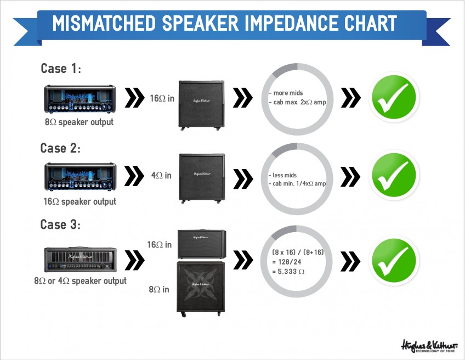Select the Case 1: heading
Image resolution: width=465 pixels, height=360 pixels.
point(61,69)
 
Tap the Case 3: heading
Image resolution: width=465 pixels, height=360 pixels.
point(60,224)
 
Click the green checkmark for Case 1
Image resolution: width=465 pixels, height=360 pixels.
point(394,97)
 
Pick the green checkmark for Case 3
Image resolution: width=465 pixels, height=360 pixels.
point(394,260)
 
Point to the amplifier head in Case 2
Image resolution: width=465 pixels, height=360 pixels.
point(80,177)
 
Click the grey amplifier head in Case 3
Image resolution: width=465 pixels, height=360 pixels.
point(81,260)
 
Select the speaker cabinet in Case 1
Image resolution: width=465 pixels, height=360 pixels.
point(201,105)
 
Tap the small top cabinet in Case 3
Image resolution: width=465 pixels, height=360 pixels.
point(202,244)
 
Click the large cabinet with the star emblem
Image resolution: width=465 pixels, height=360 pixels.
point(201,289)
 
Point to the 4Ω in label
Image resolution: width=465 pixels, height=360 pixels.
point(161,175)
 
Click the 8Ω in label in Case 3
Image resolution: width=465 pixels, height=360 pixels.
point(159,289)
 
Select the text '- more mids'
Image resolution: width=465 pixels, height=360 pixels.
point(286,93)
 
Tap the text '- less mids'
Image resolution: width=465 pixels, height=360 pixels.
point(282,175)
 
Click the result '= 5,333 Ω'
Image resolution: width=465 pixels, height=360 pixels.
point(288,271)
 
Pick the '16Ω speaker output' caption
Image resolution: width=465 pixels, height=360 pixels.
point(80,201)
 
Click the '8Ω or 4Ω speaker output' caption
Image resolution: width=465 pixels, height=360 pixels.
point(81,281)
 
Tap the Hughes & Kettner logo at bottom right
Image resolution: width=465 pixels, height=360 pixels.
point(429,346)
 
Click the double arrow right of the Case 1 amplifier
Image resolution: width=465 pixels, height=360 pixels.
point(134,97)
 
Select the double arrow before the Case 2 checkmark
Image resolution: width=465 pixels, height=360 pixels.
point(350,177)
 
